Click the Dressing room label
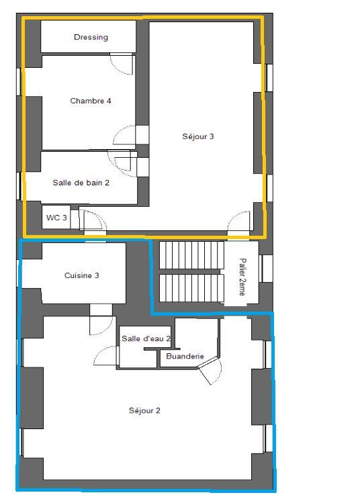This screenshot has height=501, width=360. click(91, 38)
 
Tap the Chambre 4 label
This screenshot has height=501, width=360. click(90, 101)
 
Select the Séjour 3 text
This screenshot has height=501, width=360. click(197, 137)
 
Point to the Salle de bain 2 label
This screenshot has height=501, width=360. click(81, 182)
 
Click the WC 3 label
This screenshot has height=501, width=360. click(56, 218)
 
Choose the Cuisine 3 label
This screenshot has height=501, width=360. click(82, 275)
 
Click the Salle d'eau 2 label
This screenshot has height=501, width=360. click(146, 339)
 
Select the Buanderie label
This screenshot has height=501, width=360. click(185, 357)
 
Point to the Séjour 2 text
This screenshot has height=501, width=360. click(144, 410)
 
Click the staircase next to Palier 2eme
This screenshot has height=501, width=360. click(191, 273)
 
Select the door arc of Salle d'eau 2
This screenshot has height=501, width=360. click(105, 356)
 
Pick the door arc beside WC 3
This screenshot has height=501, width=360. click(92, 220)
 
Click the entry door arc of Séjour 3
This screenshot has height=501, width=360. click(238, 224)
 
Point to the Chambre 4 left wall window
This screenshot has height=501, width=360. click(18, 80)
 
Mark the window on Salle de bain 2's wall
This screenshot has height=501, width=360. click(18, 186)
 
